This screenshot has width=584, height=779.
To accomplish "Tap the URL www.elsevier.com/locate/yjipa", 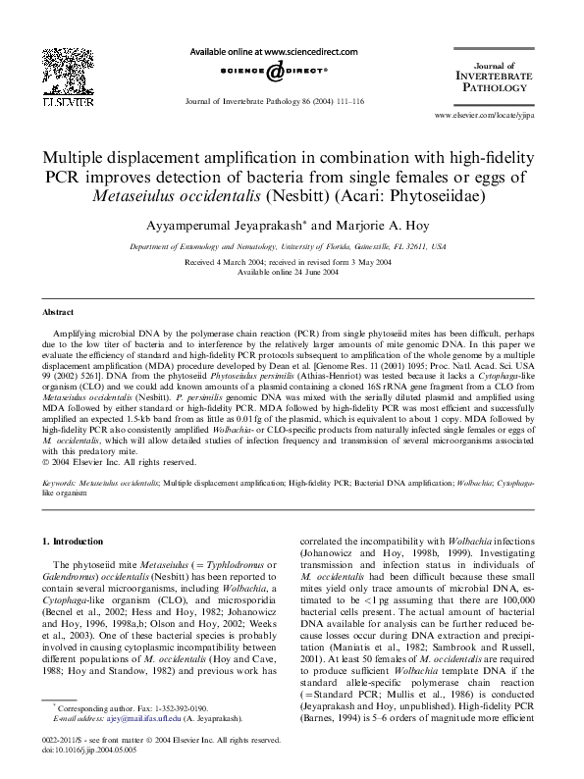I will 483,115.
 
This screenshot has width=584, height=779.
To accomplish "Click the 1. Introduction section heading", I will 76,542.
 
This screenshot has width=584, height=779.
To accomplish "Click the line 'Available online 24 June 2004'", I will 292,272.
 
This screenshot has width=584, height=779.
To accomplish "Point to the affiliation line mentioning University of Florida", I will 292,247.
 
